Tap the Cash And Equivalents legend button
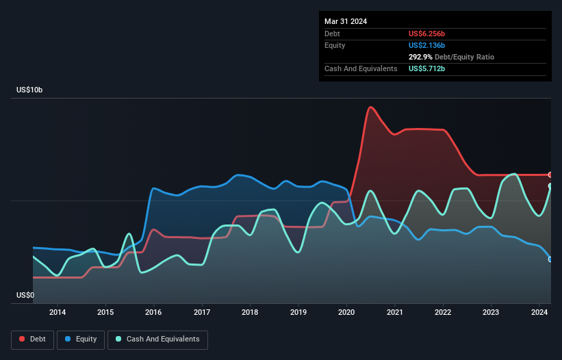pyautogui.click(x=157, y=339)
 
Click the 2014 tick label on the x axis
pyautogui.click(x=58, y=313)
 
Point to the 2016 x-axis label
pyautogui.click(x=154, y=313)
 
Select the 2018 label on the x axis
pyautogui.click(x=250, y=313)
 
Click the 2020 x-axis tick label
pyautogui.click(x=346, y=313)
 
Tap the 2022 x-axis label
pyautogui.click(x=443, y=313)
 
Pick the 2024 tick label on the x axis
pyautogui.click(x=539, y=313)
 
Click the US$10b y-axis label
pyautogui.click(x=32, y=90)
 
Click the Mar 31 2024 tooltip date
pyautogui.click(x=346, y=21)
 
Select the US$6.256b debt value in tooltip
pyautogui.click(x=427, y=34)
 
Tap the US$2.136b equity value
pyautogui.click(x=427, y=45)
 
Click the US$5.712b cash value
pyautogui.click(x=427, y=68)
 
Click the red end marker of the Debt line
pyautogui.click(x=550, y=175)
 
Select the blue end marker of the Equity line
pyautogui.click(x=550, y=259)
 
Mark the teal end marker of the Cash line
pyautogui.click(x=550, y=186)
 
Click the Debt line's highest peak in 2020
pyautogui.click(x=370, y=107)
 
